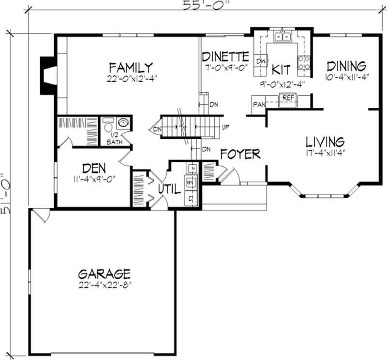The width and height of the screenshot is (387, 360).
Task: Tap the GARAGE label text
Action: [x=104, y=274]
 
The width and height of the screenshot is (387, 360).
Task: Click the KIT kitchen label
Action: [x=281, y=69]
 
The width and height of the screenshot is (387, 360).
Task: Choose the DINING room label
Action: [x=345, y=66]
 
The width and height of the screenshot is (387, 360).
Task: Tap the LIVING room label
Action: [x=325, y=142]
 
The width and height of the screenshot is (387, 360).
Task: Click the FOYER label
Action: [x=240, y=154]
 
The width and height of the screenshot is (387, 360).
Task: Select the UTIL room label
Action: [x=169, y=189]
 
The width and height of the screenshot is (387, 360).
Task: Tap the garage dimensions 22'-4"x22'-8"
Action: [x=104, y=285]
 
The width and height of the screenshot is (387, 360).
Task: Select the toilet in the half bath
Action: [x=108, y=128]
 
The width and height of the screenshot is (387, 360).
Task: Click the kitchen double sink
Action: [x=282, y=36]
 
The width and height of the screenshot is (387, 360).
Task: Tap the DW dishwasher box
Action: [x=261, y=61]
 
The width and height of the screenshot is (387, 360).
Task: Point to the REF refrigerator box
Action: [x=288, y=98]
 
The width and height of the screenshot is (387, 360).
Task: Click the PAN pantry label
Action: [x=258, y=104]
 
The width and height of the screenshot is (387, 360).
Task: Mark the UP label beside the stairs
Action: [x=225, y=128]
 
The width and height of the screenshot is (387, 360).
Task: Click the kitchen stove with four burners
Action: [x=304, y=62]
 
